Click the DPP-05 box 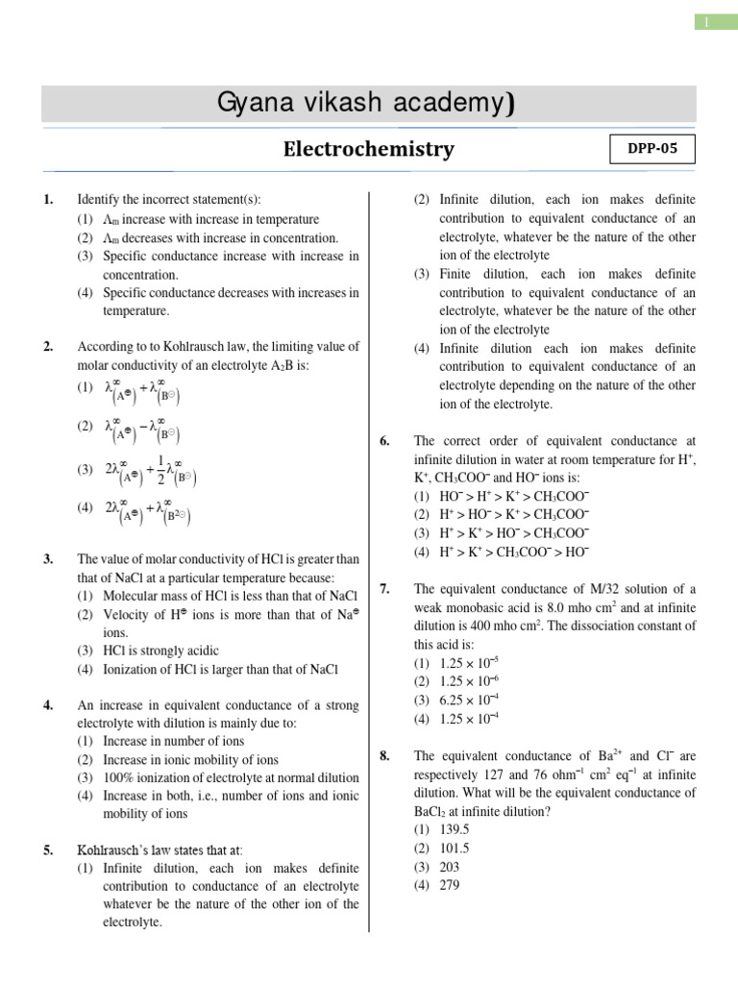652,150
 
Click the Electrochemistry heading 368,150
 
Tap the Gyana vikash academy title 368,104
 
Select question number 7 384,589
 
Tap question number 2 48,347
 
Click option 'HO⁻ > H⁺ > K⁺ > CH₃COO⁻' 514,496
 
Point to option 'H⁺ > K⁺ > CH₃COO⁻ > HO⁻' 514,552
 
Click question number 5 48,849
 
